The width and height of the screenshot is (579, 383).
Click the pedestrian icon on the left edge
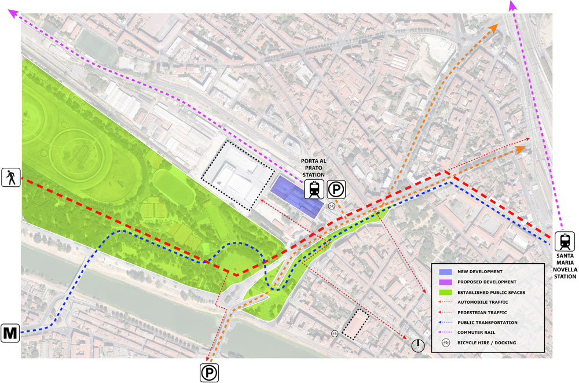(10, 177)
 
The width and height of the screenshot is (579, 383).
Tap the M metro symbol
(10, 333)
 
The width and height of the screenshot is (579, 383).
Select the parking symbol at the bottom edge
(209, 373)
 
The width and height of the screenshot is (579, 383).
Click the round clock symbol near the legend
(418, 346)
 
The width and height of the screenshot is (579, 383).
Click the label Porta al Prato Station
(313, 168)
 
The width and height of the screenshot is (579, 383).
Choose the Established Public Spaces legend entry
(490, 292)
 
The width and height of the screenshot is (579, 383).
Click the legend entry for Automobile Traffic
(482, 302)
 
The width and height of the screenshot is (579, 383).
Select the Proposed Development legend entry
(486, 282)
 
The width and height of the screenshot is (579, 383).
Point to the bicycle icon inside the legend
(446, 343)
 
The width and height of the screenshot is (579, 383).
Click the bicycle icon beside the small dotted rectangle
(335, 333)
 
